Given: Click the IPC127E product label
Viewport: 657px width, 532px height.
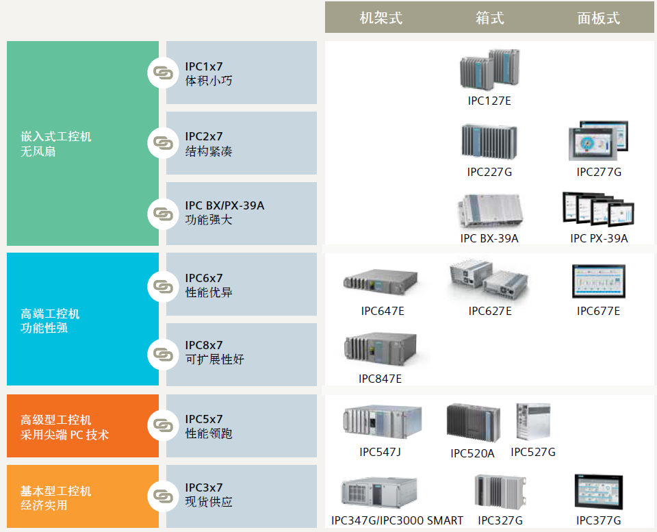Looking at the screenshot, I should tap(489, 101).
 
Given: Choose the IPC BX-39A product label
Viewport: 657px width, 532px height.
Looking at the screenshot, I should tap(489, 238).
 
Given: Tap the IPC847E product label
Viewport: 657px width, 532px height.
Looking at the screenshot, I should tap(381, 379).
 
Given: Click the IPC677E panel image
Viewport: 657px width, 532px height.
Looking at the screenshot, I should tap(599, 281).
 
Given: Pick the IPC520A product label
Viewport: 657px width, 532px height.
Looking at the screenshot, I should tap(472, 453).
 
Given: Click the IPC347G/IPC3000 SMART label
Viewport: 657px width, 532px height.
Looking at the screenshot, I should tap(397, 520).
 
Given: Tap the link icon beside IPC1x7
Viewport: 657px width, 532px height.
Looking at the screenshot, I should tap(163, 73).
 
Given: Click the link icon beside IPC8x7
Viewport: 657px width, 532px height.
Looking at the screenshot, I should tap(163, 354).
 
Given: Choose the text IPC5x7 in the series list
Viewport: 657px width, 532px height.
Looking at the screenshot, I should tap(204, 419).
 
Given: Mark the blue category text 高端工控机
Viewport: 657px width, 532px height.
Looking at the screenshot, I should tap(50, 314).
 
